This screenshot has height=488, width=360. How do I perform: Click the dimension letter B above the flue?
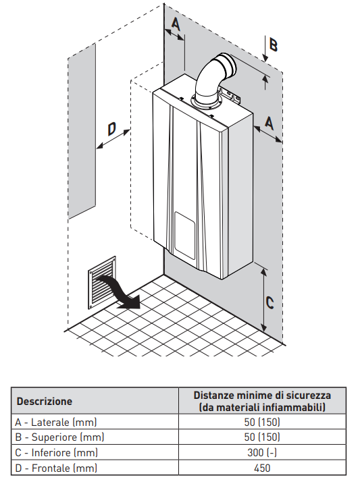273,45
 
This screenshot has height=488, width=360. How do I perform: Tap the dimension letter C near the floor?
269,302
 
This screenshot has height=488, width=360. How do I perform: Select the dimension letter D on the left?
111,129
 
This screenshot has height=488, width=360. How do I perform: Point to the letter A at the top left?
176,24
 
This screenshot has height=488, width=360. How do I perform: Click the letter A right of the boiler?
269,123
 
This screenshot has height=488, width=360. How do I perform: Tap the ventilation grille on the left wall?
102,283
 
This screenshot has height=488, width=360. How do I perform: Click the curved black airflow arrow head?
132,302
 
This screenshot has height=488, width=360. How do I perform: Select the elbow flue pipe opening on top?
227,65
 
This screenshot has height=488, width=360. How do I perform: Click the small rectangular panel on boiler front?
184,236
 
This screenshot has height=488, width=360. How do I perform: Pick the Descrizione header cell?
44,401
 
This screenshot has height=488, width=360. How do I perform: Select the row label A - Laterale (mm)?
56,422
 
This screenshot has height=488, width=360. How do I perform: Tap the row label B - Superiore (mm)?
59,437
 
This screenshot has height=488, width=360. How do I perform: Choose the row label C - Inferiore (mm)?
56,452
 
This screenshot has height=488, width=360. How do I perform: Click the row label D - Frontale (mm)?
56,468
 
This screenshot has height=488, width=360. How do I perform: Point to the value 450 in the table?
262,468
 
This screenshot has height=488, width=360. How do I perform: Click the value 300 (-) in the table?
262,452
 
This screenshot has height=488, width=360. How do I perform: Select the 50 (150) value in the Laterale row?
262,422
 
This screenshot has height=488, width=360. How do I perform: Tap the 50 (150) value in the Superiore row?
262,437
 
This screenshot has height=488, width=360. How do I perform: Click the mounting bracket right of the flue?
230,94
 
